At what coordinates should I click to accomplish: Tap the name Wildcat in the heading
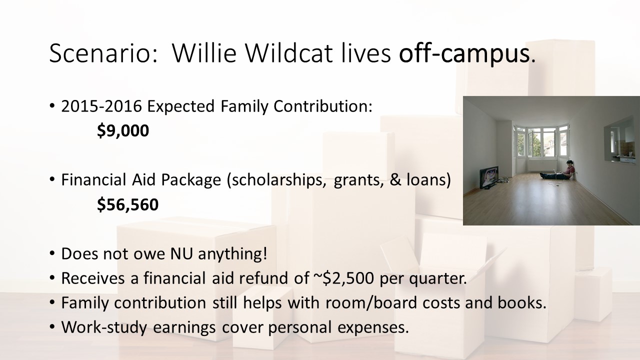[289, 53]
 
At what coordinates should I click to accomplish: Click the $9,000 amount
[123, 130]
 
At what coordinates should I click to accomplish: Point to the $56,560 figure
[127, 204]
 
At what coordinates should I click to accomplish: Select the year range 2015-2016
[101, 106]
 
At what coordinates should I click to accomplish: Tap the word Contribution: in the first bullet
[323, 106]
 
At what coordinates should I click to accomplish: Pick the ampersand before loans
[395, 180]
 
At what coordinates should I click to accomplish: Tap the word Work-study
[104, 327]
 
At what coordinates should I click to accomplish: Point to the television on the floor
[489, 177]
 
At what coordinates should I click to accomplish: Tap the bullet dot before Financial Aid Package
[51, 179]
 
